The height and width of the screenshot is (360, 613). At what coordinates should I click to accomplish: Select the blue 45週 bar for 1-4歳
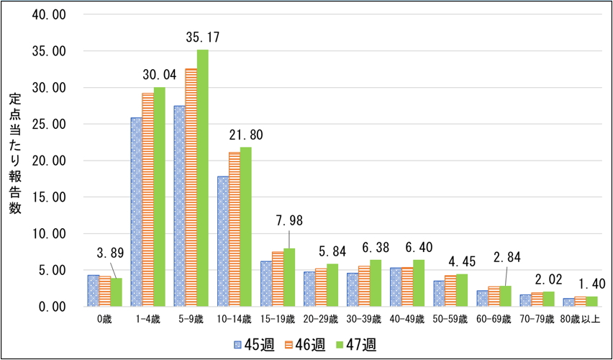pyautogui.click(x=136, y=212)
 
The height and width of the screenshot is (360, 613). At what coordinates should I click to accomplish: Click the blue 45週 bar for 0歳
pyautogui.click(x=93, y=291)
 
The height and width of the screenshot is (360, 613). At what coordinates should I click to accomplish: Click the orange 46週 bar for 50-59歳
pyautogui.click(x=450, y=291)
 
